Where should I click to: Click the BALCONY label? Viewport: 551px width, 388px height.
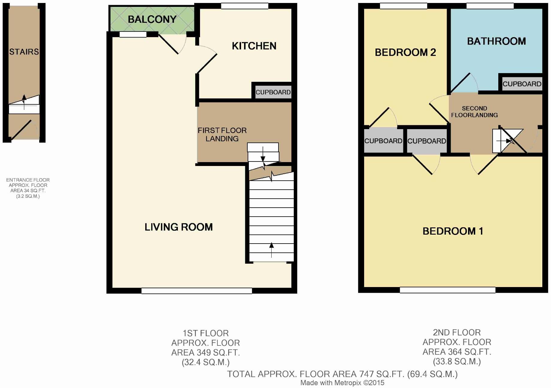point(152,19)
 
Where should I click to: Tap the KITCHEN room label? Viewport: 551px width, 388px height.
point(254,46)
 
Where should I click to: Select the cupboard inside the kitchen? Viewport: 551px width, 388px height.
point(273,92)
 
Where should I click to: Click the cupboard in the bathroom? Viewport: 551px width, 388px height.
point(522,84)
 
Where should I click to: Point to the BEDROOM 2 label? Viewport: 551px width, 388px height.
point(405,52)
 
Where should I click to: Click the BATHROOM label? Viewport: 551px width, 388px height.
point(496,41)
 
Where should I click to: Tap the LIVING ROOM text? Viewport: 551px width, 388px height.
point(178,227)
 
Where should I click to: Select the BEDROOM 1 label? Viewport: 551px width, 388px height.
point(452,231)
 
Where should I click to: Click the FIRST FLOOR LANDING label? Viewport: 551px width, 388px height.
point(222,134)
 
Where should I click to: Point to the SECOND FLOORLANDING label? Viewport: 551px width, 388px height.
point(474,112)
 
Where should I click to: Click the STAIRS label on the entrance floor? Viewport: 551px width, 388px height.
point(24,52)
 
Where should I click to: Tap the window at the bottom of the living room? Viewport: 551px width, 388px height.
point(196,291)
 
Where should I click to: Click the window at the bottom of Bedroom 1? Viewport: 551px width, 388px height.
point(447,290)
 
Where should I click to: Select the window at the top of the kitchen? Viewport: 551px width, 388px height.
point(245,6)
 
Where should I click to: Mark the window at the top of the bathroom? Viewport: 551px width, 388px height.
point(490,6)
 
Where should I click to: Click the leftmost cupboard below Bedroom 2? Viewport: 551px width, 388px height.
point(383,141)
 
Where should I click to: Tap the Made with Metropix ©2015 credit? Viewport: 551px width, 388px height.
point(342,383)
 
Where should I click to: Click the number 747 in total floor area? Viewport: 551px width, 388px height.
point(365,374)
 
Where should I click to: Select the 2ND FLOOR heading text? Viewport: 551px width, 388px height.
point(457,332)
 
